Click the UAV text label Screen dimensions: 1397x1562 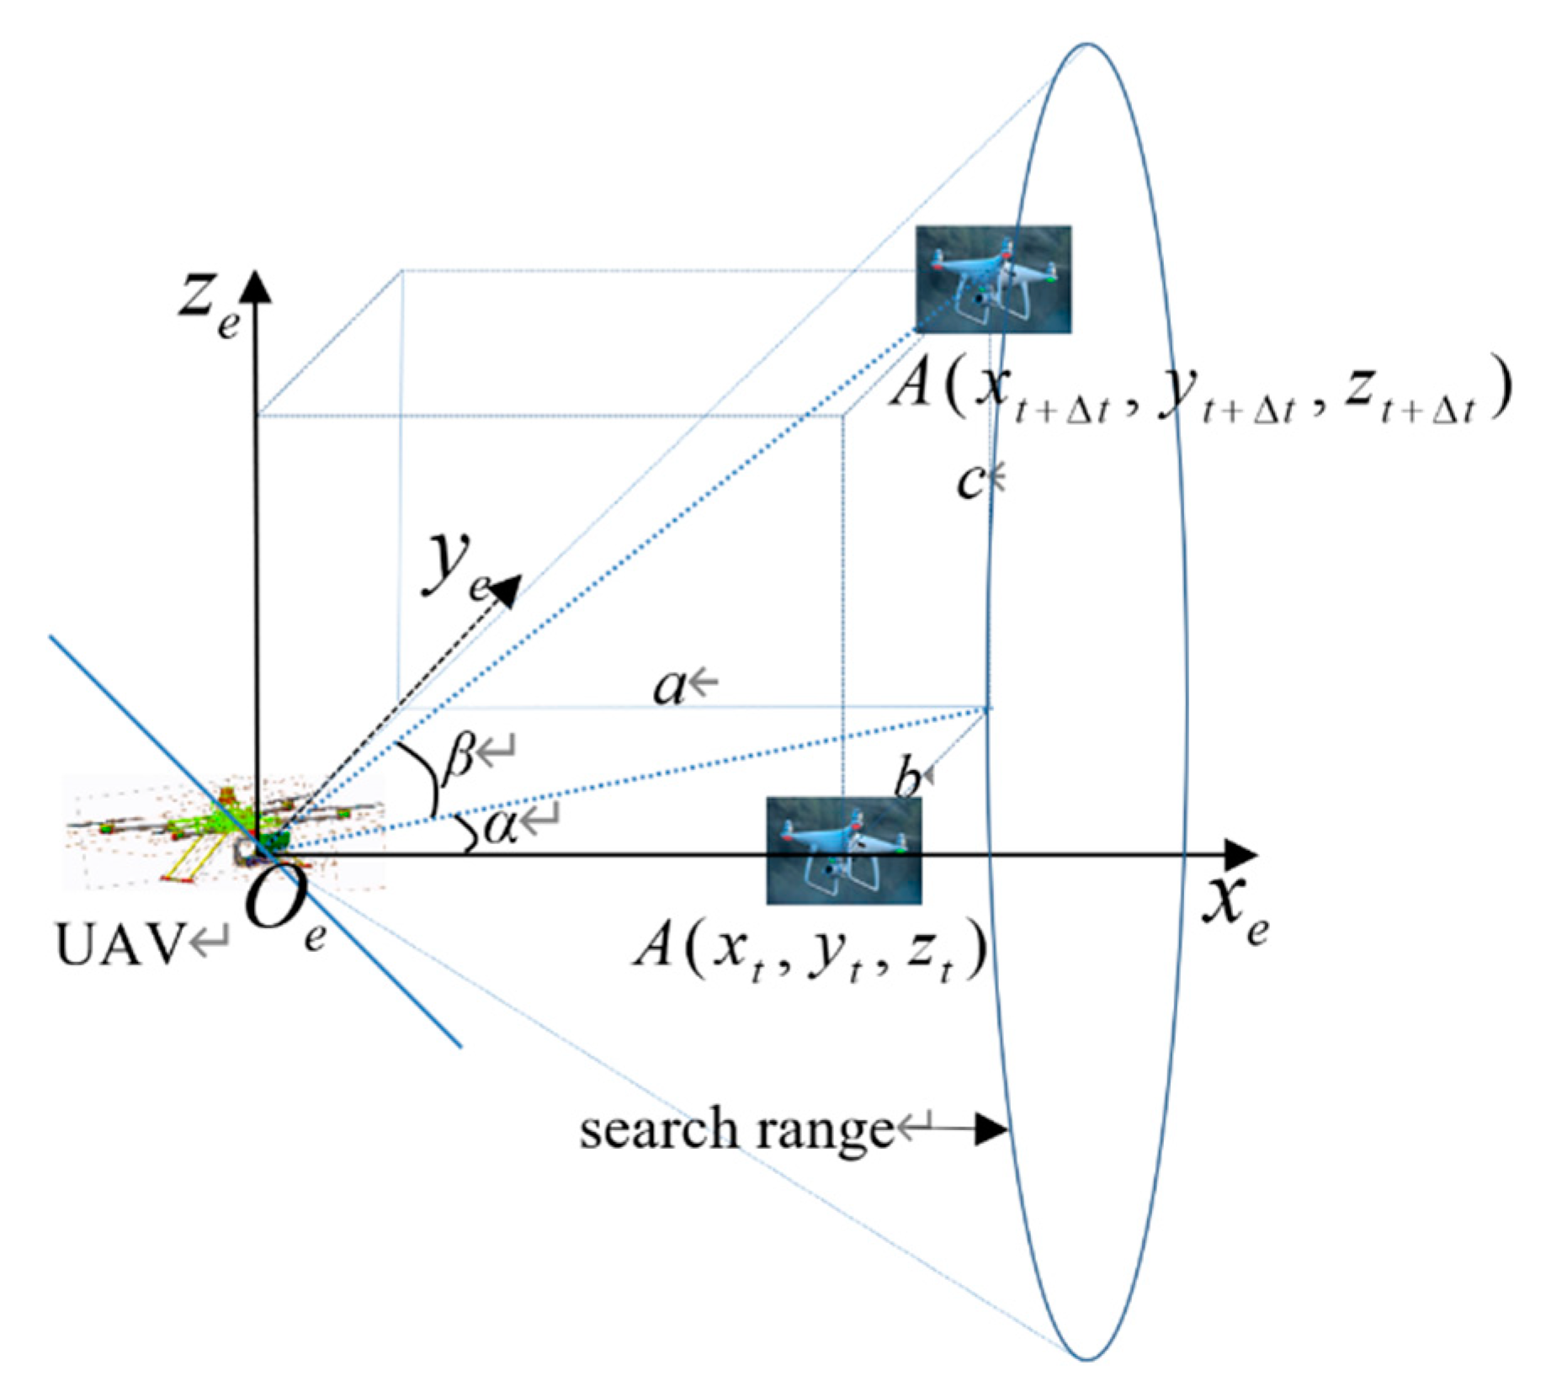(x=118, y=944)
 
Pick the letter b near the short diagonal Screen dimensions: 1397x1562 (x=907, y=778)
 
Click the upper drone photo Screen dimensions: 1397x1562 (x=993, y=279)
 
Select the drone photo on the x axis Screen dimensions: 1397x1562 (x=843, y=850)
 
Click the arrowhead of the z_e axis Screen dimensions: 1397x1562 (x=256, y=286)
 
